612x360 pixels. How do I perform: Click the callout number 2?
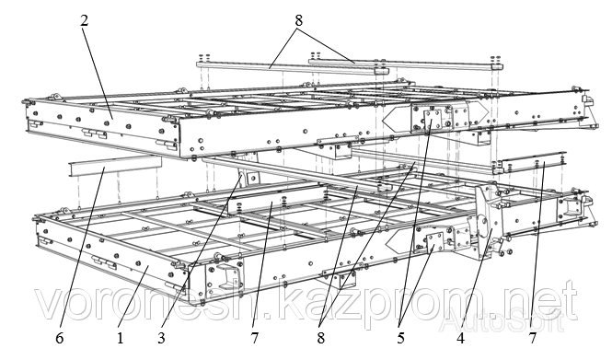pos(85,20)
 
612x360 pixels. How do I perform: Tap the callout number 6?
pos(59,338)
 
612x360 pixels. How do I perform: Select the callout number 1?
pos(121,338)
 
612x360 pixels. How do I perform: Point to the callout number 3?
pos(162,338)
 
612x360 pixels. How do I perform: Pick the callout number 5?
pos(401,338)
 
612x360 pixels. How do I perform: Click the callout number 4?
pos(461,338)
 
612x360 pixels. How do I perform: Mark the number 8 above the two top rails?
pos(298,20)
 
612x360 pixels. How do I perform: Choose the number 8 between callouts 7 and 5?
pos(321,338)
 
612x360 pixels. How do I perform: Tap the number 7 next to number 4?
pos(533,338)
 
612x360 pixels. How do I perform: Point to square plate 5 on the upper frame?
pos(433,120)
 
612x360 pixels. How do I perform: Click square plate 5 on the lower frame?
pos(434,242)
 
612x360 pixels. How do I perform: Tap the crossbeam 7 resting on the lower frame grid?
pos(278,202)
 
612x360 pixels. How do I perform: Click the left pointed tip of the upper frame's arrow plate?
pos(383,120)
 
